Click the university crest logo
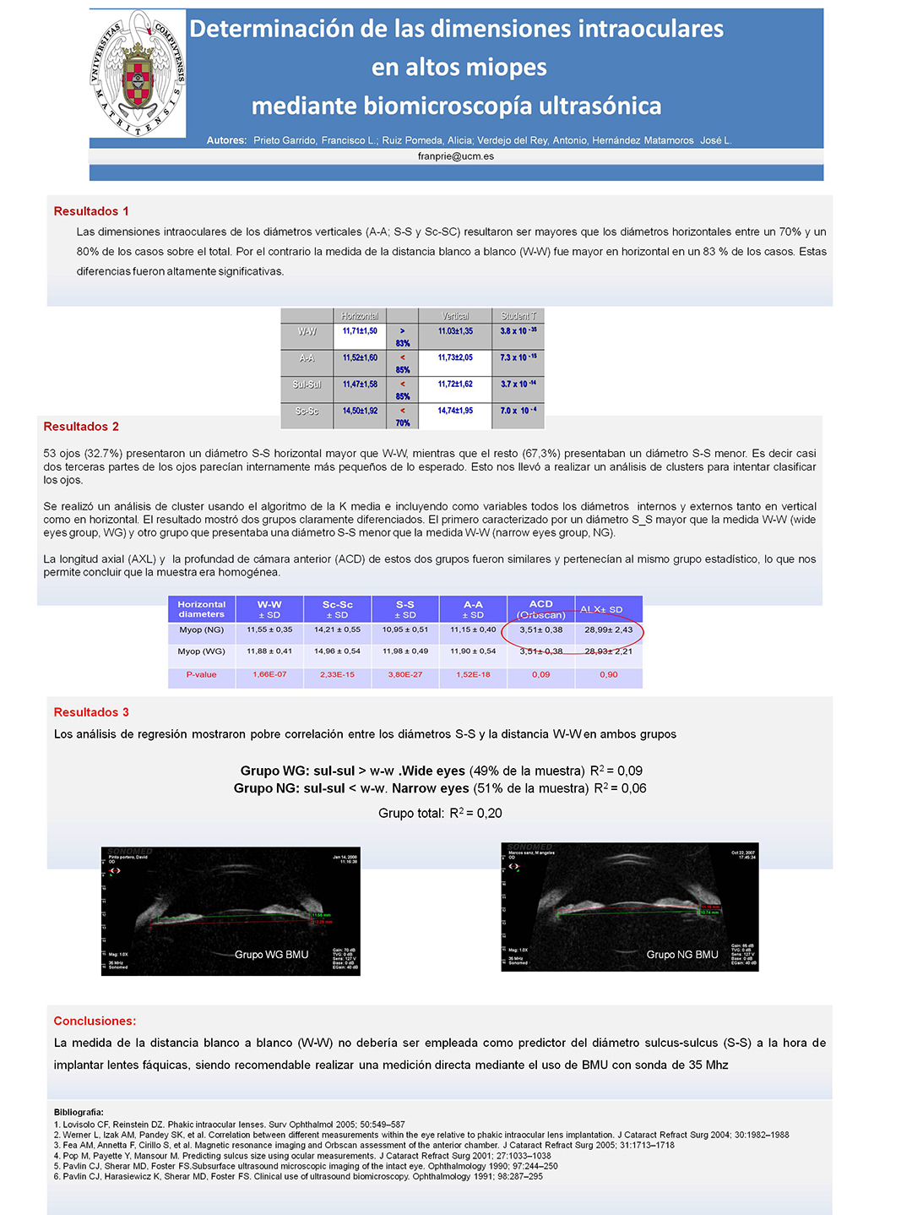point(138,74)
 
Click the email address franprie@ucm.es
point(456,156)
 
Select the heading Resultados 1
point(91,211)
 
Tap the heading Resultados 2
point(81,427)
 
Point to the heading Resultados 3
point(91,712)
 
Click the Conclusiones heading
point(95,1021)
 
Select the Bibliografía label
point(79,1112)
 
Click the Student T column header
point(518,316)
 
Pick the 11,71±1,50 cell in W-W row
point(360,331)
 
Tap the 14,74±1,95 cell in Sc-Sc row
point(455,411)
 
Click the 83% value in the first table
point(403,343)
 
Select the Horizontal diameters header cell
point(202,609)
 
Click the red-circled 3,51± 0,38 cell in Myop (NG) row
point(541,629)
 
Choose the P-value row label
point(202,674)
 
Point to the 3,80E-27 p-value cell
point(404,674)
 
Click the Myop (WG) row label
point(202,651)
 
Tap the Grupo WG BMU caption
point(271,955)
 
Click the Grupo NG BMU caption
point(682,955)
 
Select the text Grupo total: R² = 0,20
point(440,813)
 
